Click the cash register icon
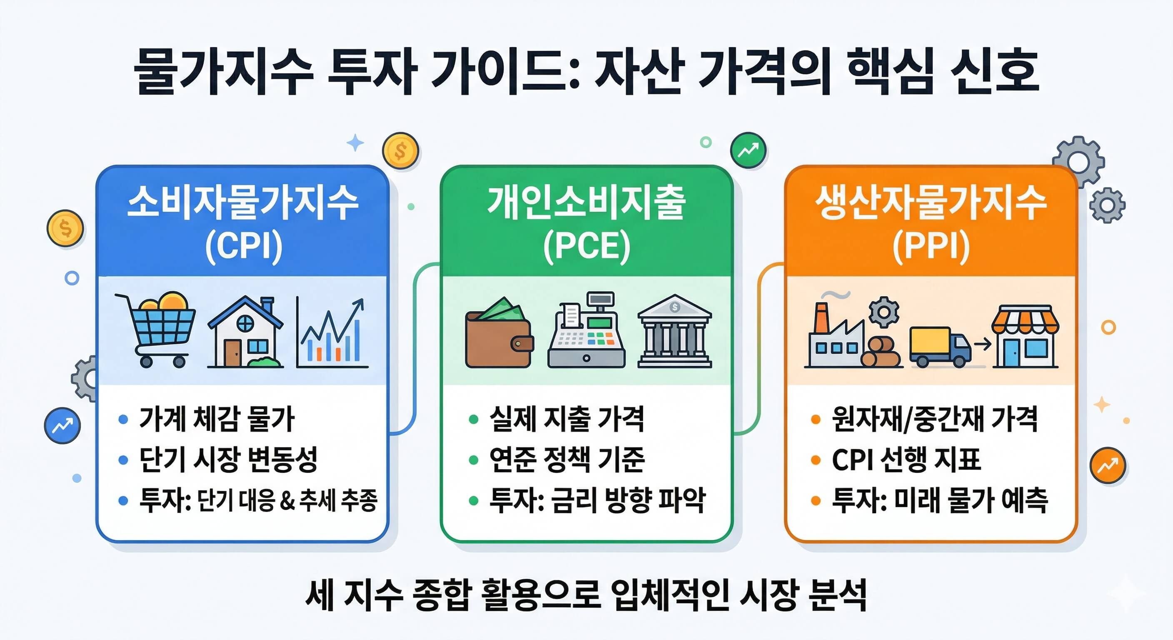(x=586, y=332)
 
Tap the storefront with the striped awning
(x=1025, y=336)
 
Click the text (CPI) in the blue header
(x=244, y=246)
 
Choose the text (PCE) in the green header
(x=586, y=246)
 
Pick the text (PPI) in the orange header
(x=931, y=246)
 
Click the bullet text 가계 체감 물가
(x=217, y=419)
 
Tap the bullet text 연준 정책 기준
(x=567, y=459)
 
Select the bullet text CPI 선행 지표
(x=906, y=459)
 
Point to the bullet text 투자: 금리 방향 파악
(x=597, y=500)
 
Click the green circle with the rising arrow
(x=748, y=150)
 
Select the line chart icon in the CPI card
(x=332, y=332)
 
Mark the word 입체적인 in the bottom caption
(x=670, y=595)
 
